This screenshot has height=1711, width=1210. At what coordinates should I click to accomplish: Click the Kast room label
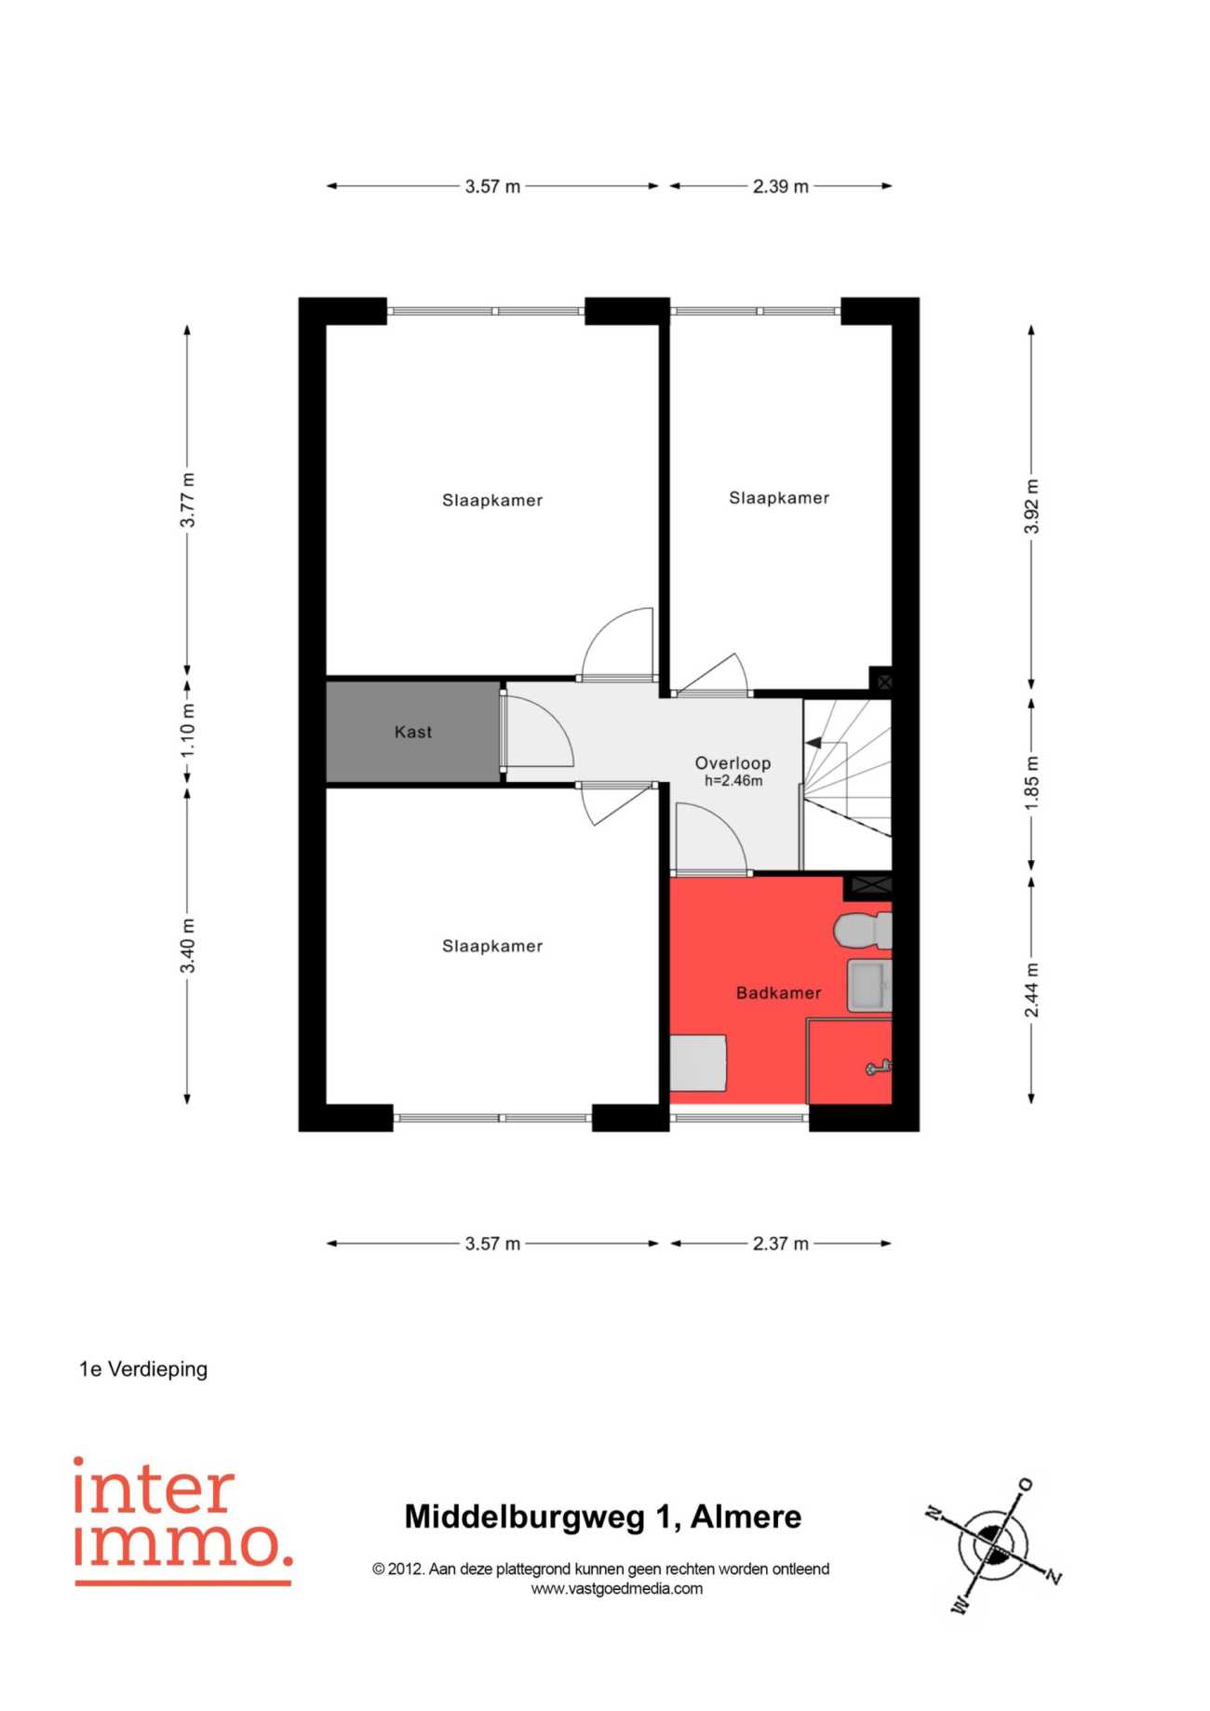tap(412, 732)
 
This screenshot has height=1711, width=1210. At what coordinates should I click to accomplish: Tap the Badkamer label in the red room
tap(778, 993)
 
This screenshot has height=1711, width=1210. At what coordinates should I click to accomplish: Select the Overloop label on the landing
tap(733, 763)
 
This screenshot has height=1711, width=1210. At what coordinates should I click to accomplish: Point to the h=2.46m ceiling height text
tap(733, 781)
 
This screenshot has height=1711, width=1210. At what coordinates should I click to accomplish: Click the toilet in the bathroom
tap(863, 931)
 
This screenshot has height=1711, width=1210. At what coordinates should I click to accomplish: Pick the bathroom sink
tap(869, 986)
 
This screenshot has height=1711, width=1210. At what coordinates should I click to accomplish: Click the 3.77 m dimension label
tap(188, 500)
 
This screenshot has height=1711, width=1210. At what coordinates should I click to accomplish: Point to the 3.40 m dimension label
tap(188, 946)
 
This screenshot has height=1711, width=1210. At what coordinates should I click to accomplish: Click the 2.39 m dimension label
tap(781, 186)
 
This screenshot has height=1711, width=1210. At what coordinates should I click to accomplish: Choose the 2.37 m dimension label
tap(781, 1244)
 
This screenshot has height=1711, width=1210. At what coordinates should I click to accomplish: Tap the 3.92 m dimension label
tap(1031, 506)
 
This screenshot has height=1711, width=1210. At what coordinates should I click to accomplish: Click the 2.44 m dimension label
tap(1031, 990)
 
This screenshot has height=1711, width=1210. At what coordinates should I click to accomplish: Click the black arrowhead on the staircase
tap(813, 743)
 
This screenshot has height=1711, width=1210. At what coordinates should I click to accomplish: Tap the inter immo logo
tap(183, 1521)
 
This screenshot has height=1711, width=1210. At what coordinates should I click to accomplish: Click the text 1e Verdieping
tap(143, 1369)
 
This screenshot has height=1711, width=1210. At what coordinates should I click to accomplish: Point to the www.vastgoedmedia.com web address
tap(617, 1589)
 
